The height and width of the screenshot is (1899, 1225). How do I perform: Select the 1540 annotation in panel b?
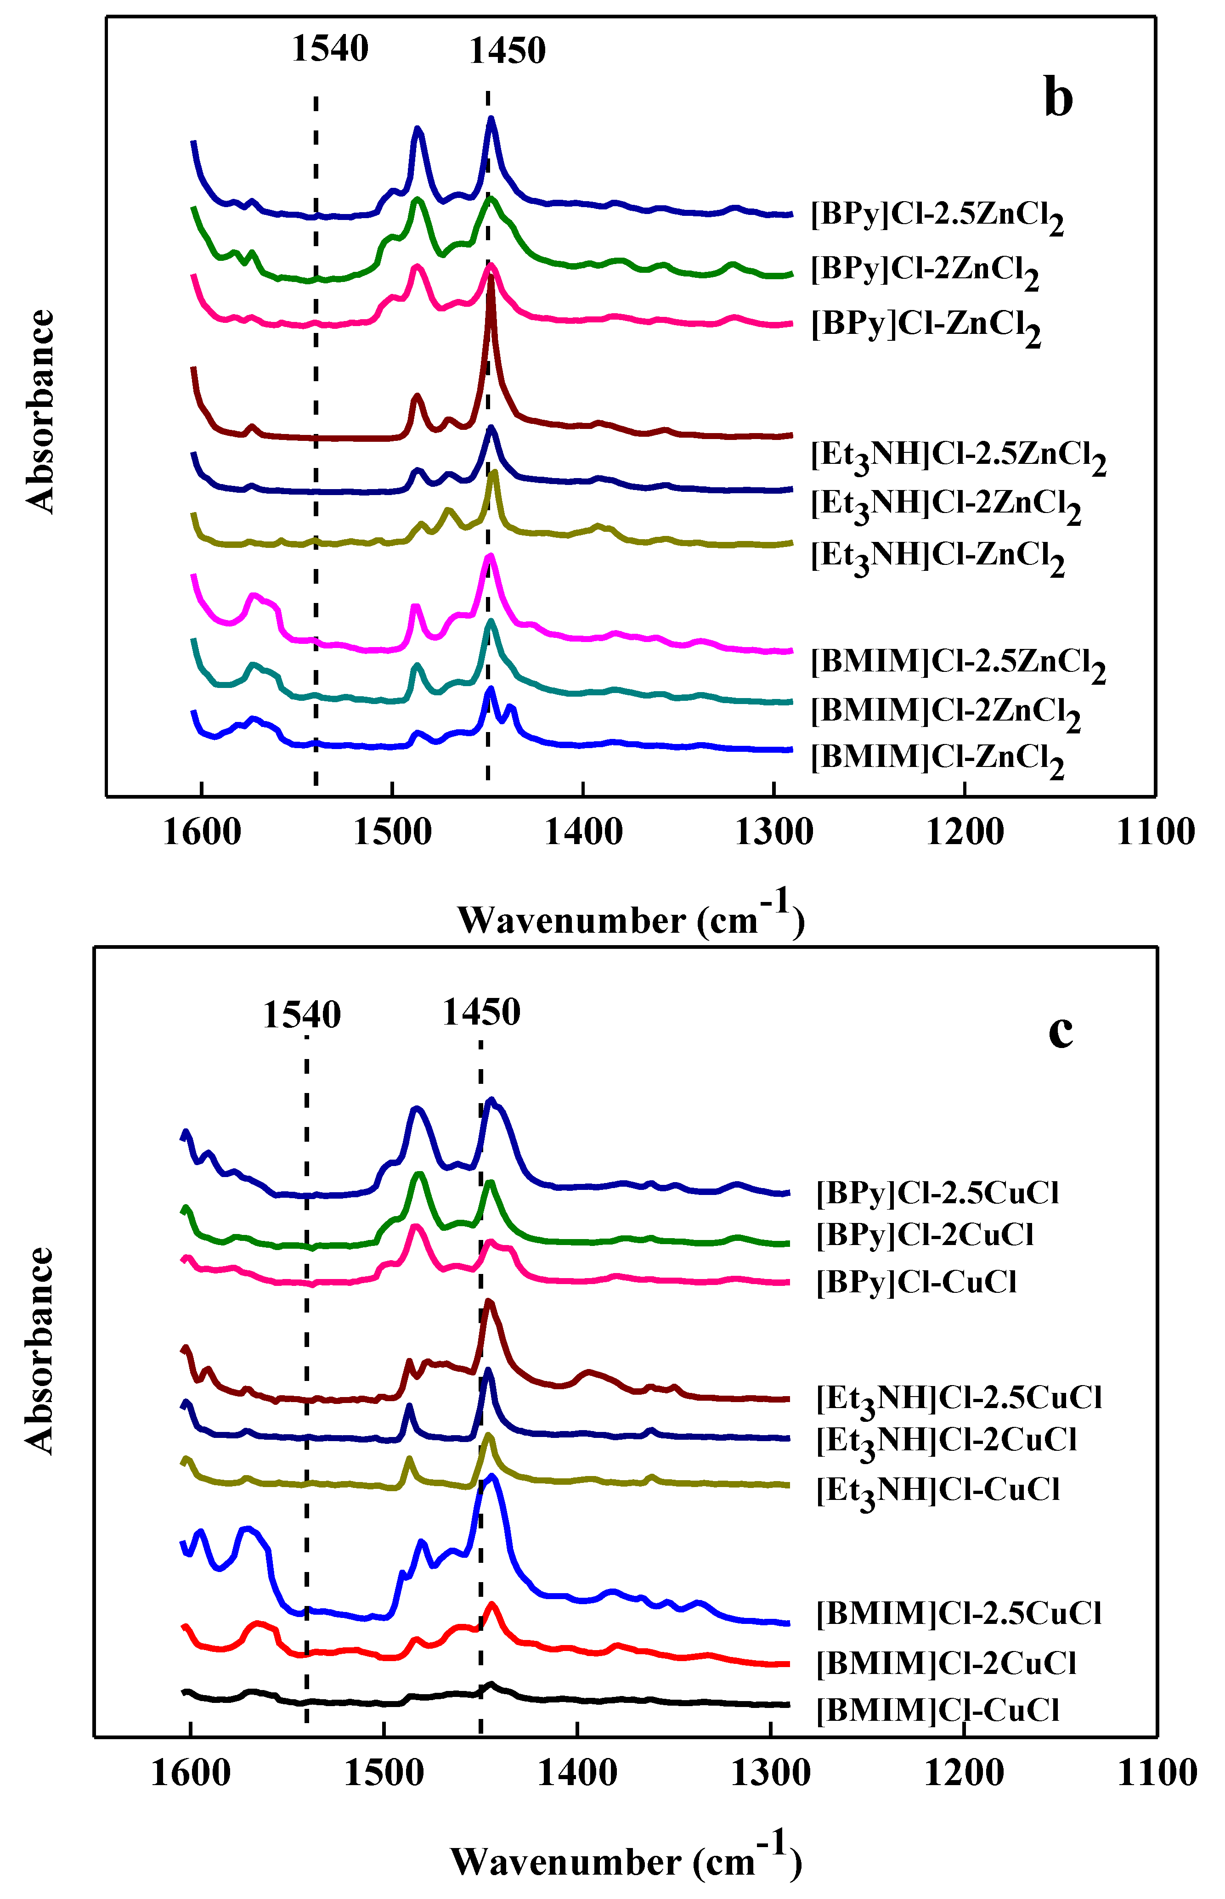pyautogui.click(x=330, y=49)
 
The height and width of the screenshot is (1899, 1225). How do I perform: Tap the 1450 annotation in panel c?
pyautogui.click(x=481, y=1013)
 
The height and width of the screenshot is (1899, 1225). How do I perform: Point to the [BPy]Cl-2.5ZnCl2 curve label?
pyautogui.click(x=937, y=217)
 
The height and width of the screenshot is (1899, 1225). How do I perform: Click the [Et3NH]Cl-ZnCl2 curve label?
pyautogui.click(x=937, y=556)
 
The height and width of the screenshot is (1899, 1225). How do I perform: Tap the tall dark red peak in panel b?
pyautogui.click(x=491, y=286)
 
